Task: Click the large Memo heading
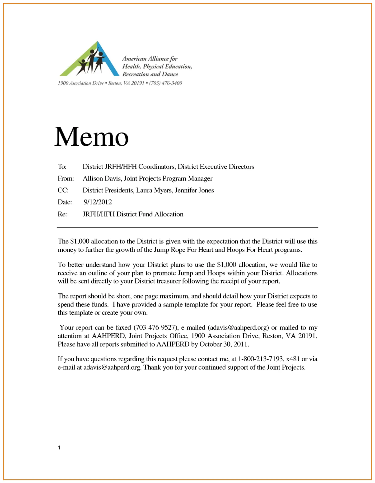point(91,137)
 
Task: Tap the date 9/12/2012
point(98,202)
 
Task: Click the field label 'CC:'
point(63,190)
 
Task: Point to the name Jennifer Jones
point(194,190)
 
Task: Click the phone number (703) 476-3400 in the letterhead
point(166,83)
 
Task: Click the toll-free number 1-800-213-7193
point(260,359)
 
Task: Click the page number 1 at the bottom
point(59,448)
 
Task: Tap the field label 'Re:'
point(62,214)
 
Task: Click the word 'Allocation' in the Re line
point(169,214)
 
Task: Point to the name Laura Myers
point(154,190)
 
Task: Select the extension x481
point(293,359)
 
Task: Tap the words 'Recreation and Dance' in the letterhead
point(150,74)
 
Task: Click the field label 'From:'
point(66,179)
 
